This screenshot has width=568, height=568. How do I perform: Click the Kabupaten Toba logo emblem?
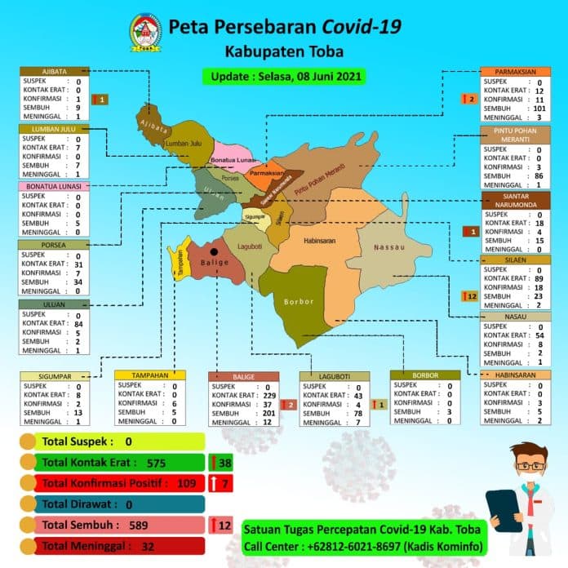coord(147,32)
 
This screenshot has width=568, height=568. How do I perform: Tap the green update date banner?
coord(283,76)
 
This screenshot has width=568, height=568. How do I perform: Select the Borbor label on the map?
coord(298,302)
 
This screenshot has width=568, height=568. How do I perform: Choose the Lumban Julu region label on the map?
coord(183,144)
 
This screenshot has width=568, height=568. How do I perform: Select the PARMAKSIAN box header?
coord(515,72)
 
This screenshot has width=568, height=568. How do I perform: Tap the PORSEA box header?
coord(52,244)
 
